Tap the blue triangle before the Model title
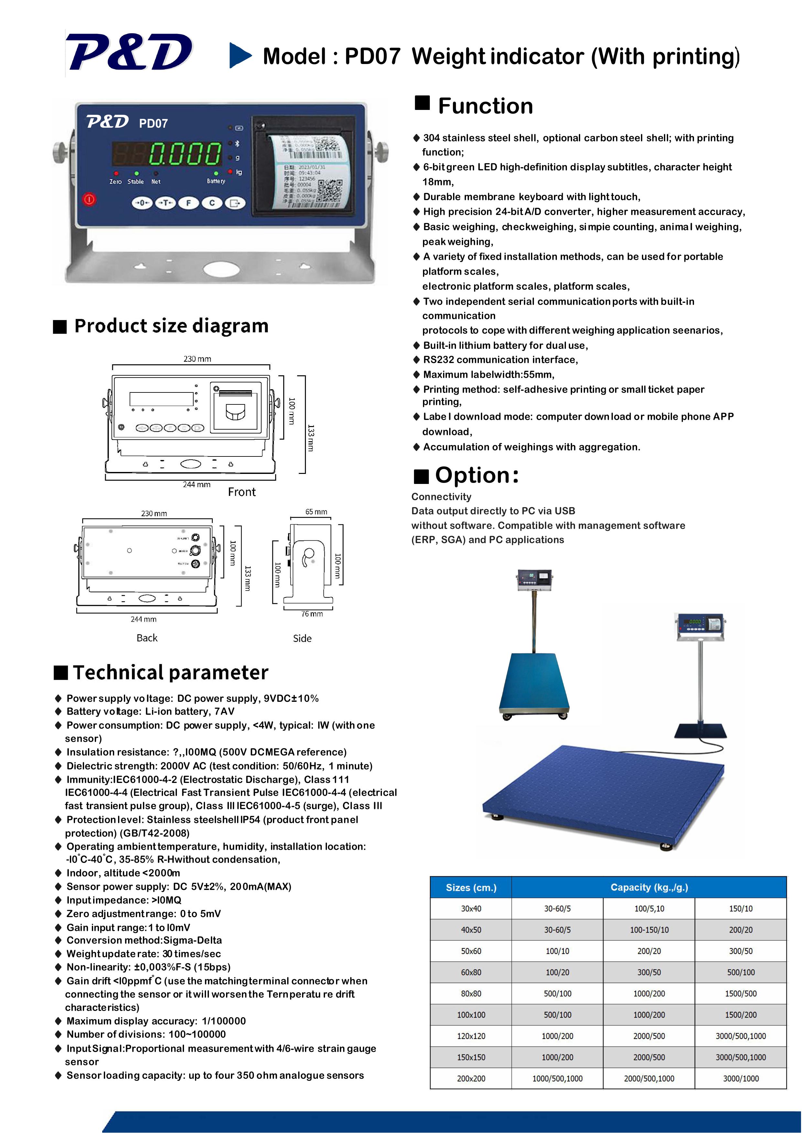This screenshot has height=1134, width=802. click(x=240, y=55)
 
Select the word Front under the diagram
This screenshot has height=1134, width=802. click(x=242, y=492)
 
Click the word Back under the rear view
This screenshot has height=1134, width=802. click(x=147, y=637)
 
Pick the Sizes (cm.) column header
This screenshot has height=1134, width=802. click(x=471, y=888)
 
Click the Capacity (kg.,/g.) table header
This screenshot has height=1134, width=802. click(x=649, y=888)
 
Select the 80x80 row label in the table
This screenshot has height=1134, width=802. click(x=471, y=994)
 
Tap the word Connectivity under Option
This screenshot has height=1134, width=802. click(x=441, y=497)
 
